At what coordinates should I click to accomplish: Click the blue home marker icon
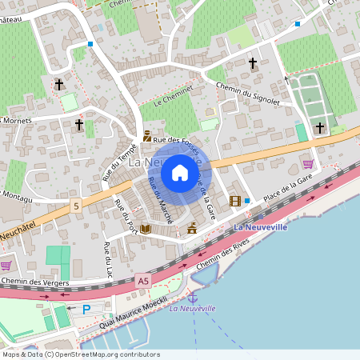click(x=180, y=172)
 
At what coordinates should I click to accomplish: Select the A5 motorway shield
click(x=143, y=281)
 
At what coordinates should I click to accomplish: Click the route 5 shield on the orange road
click(x=77, y=206)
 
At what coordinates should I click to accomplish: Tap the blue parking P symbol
click(x=86, y=309)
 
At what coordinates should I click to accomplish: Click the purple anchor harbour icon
click(x=192, y=298)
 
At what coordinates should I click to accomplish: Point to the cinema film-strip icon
click(x=235, y=201)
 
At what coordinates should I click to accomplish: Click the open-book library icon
click(x=146, y=229)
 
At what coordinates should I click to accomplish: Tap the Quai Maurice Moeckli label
click(x=134, y=312)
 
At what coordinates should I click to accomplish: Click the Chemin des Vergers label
click(x=35, y=282)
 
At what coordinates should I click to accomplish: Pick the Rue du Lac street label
click(x=106, y=254)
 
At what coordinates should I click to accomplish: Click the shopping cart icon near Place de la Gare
click(x=307, y=164)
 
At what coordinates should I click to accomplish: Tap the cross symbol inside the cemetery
click(x=320, y=127)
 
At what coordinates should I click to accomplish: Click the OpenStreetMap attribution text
click(x=81, y=354)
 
